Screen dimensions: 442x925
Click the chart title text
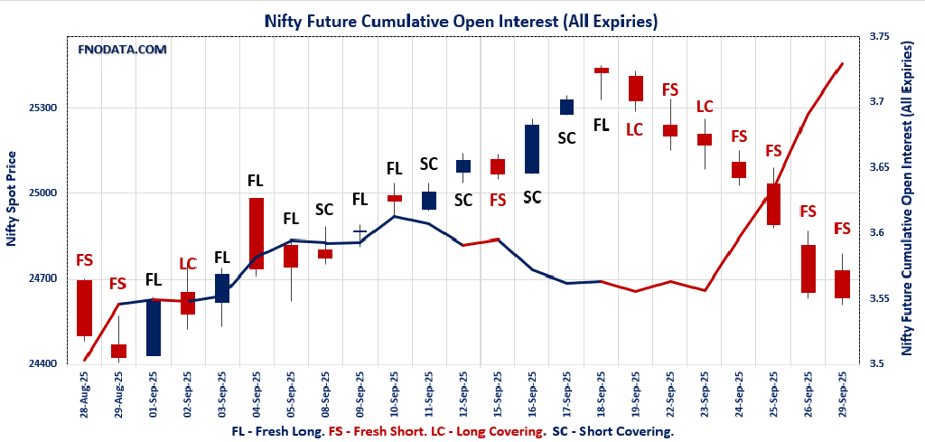(461, 20)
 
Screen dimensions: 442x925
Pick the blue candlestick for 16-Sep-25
(532, 149)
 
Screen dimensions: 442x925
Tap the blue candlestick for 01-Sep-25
(154, 327)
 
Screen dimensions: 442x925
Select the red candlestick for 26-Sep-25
(808, 268)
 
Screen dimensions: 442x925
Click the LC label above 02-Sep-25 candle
(188, 264)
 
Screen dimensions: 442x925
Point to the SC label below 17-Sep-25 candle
(566, 138)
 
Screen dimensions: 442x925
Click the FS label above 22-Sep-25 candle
(670, 89)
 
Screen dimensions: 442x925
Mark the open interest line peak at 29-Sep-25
(842, 63)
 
